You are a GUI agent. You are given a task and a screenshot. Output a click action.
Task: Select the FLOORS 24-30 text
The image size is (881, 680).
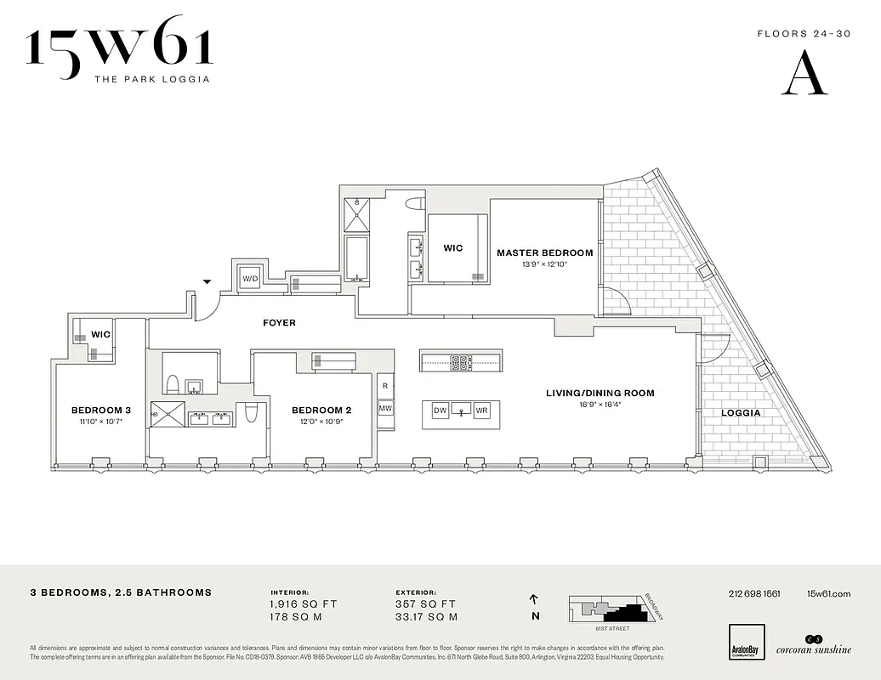(793, 35)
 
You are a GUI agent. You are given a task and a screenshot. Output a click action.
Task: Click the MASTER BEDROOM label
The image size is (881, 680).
(544, 252)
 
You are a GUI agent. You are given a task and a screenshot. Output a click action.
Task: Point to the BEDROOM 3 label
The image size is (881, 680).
(100, 409)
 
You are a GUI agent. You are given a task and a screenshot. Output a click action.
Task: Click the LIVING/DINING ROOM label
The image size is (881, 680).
(600, 393)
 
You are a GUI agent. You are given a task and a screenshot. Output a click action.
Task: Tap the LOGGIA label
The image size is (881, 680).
(741, 413)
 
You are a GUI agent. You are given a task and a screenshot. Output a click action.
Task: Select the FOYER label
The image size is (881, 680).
(279, 323)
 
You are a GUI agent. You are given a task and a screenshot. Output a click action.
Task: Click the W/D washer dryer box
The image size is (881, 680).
(250, 279)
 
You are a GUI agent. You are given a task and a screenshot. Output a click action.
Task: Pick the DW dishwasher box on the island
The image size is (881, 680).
(440, 411)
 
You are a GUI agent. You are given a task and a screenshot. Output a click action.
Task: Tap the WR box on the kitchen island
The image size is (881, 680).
(482, 411)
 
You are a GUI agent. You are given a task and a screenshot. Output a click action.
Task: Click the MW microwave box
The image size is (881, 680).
(385, 408)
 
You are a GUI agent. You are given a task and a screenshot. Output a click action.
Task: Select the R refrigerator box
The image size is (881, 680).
(385, 385)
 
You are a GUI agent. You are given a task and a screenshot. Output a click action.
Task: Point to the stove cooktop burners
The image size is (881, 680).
(460, 362)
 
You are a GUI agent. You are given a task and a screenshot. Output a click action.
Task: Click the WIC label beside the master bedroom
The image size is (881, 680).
(453, 248)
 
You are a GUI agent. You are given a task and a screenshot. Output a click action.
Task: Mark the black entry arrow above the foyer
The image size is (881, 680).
(206, 282)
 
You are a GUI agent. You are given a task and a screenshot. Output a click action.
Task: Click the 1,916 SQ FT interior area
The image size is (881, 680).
(304, 604)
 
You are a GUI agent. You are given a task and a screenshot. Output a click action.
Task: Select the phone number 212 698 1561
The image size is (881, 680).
(754, 593)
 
